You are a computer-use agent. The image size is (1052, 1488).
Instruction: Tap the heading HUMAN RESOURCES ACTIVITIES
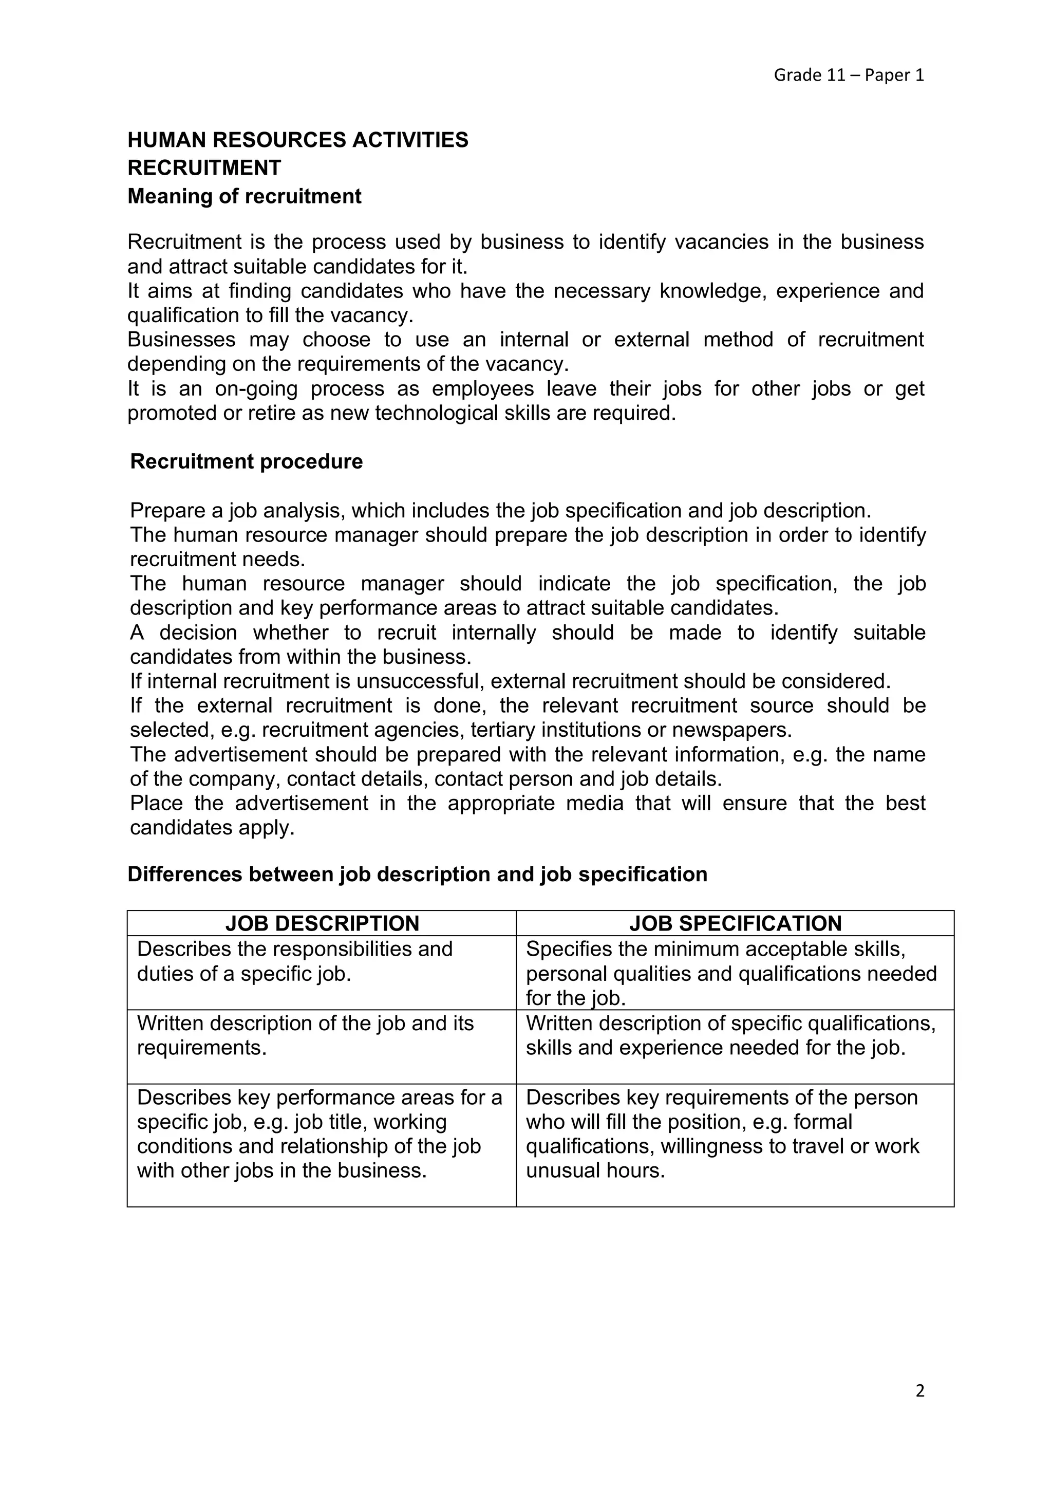298,140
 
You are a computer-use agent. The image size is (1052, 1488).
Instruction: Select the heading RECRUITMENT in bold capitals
204,168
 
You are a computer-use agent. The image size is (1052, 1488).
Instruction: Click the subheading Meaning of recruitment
244,196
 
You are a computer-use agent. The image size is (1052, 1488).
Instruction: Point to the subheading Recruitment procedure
246,461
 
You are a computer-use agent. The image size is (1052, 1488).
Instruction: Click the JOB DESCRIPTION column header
322,923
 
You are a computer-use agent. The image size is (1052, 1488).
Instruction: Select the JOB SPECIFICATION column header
735,923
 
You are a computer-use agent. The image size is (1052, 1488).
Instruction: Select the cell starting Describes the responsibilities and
295,961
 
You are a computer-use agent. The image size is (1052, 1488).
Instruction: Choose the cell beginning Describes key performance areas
320,1133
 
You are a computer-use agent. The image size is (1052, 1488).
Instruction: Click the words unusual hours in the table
595,1170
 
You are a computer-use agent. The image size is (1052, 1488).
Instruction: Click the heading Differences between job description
417,875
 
